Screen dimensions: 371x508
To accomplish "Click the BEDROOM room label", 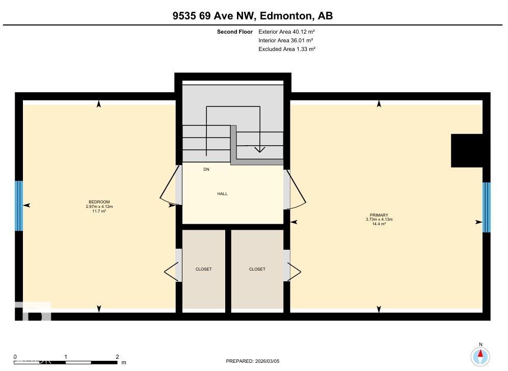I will [99, 202].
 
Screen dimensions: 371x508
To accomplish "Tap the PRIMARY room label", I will [379, 215].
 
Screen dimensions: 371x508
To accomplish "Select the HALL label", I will [222, 194].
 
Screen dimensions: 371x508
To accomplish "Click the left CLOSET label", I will [203, 269].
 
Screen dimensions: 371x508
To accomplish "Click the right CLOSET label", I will [257, 269].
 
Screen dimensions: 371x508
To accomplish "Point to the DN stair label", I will [206, 169].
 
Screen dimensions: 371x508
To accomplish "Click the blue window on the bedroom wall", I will [19, 206].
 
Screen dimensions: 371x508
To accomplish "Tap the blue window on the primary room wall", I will [486, 207].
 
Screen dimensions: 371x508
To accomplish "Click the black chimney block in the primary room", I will [467, 150].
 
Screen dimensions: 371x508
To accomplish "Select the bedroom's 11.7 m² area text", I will [99, 211].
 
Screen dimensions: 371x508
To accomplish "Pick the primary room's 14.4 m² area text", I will [379, 224].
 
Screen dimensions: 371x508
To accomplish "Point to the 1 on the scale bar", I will [66, 357].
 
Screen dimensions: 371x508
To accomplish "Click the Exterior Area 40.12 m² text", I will [286, 32].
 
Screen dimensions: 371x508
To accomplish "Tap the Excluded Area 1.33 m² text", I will [287, 49].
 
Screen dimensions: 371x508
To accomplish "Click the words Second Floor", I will [235, 32].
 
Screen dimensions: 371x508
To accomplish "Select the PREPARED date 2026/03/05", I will [253, 361].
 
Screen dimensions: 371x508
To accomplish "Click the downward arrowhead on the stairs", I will [259, 149].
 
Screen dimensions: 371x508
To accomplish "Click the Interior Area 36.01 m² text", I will [285, 40].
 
